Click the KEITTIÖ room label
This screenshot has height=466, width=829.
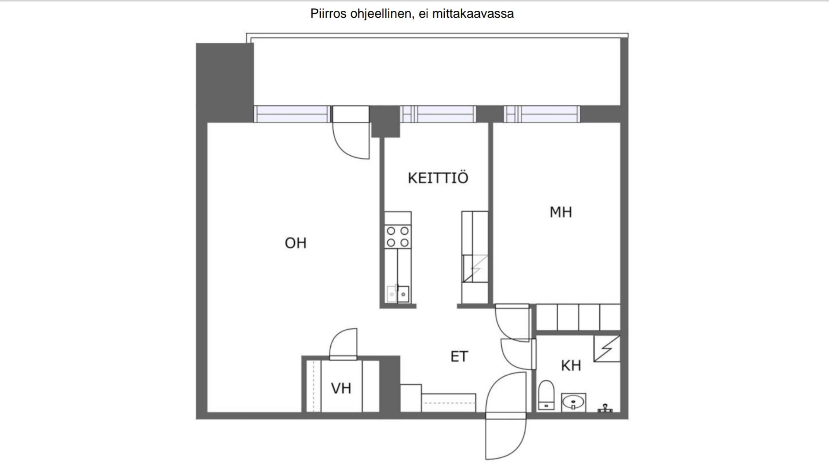point(438,178)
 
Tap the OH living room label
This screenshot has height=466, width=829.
point(296,243)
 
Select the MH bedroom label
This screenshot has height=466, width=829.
point(561,212)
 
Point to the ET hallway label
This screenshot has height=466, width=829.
point(459,356)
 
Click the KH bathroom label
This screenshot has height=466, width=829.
point(571,366)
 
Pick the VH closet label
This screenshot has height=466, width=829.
point(341,388)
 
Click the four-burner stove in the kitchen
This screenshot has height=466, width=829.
point(398,237)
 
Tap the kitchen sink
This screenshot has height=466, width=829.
point(398,294)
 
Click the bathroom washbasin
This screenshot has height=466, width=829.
point(573,402)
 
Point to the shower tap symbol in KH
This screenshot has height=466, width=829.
point(605,408)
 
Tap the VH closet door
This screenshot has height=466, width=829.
point(344,344)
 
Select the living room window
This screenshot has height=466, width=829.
point(292,114)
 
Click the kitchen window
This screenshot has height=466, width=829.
point(438,114)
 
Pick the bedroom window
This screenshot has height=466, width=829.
point(542,114)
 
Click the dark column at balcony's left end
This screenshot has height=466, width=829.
point(225,82)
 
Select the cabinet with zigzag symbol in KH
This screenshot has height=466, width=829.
point(607,349)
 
